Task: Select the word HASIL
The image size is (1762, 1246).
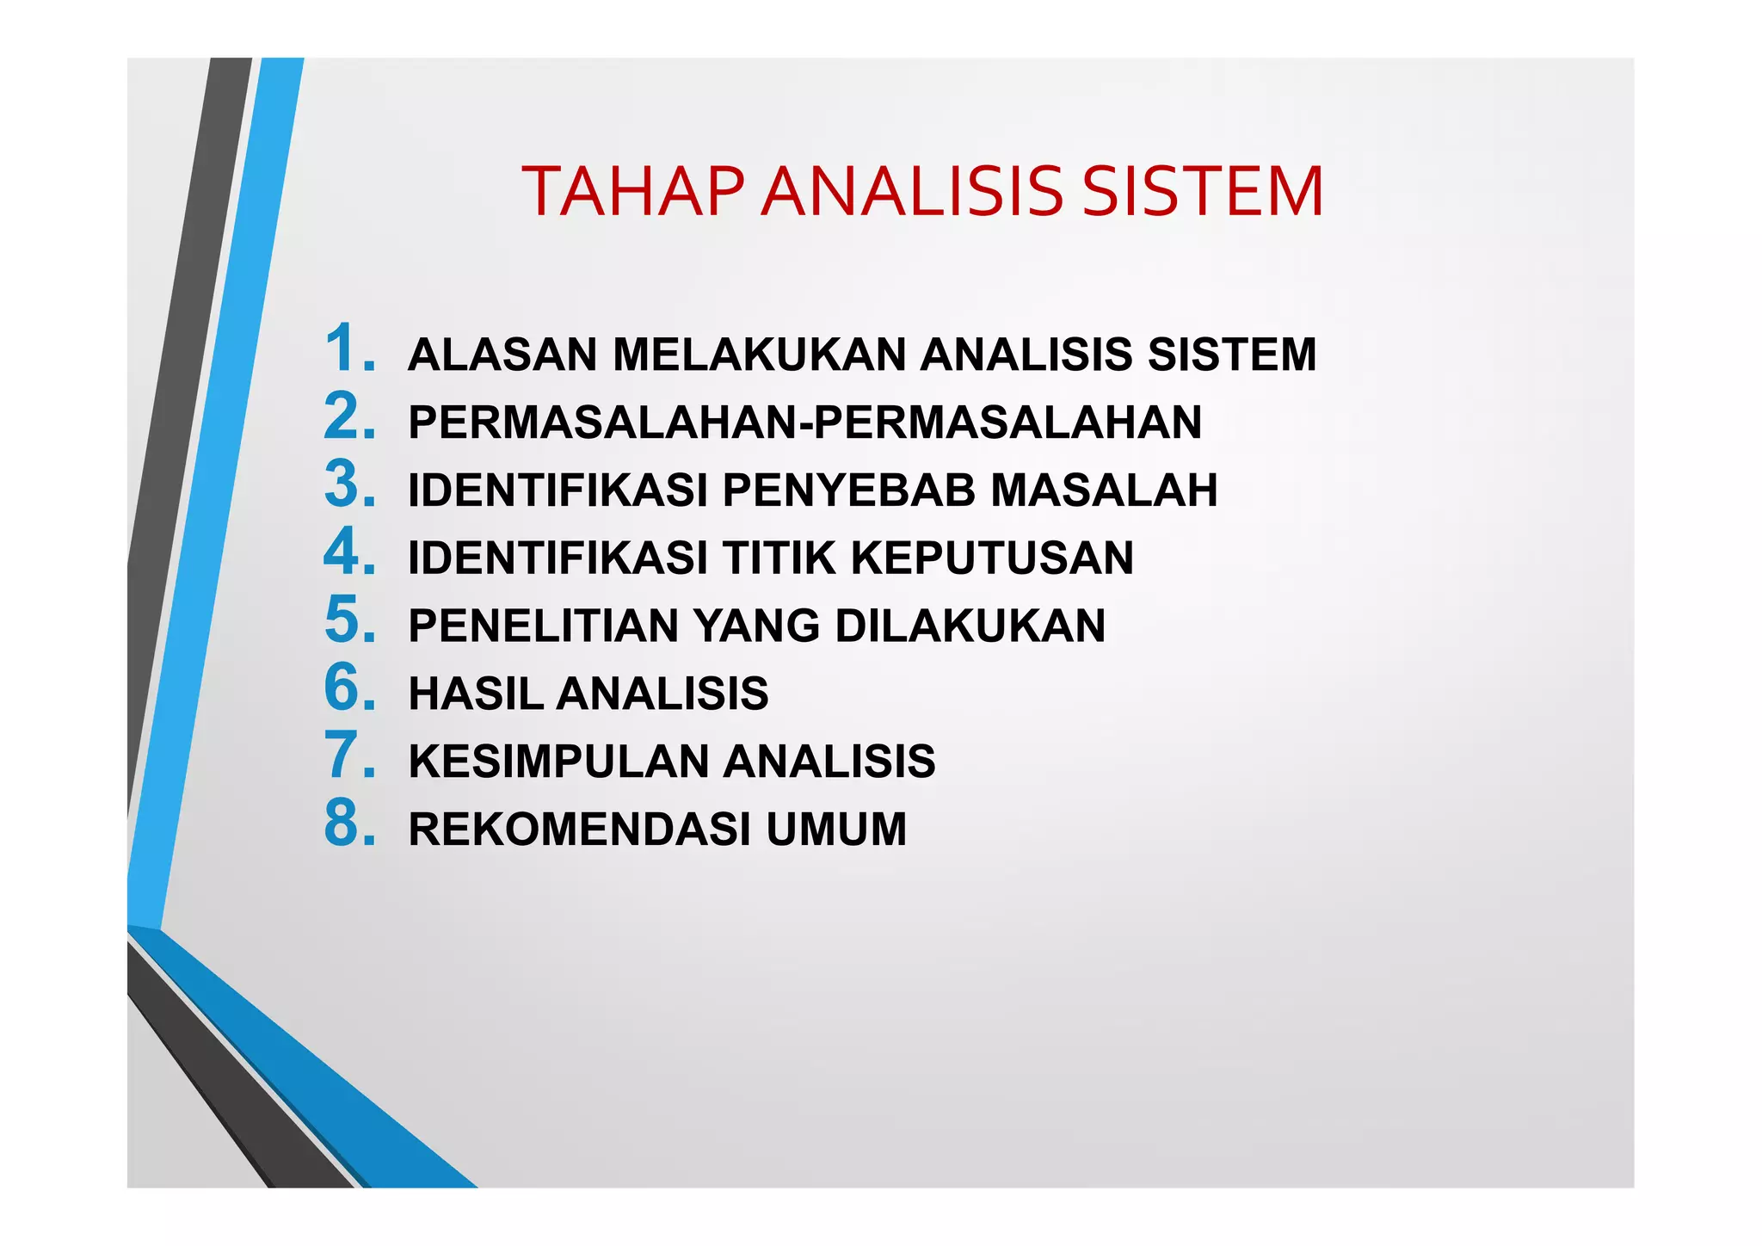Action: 475,694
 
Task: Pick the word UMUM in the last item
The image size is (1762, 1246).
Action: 836,830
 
